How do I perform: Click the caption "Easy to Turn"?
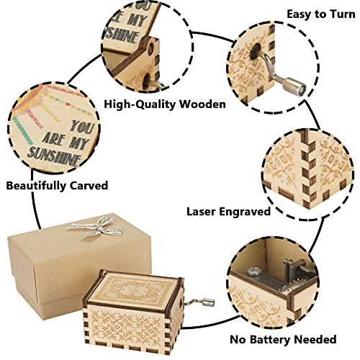point(321,14)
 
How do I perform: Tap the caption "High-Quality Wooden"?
point(165,104)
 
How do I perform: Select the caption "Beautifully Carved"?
point(57,186)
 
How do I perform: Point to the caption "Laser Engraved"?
point(228,212)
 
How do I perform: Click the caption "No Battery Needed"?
point(283,340)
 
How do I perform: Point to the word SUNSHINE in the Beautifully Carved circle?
point(55,156)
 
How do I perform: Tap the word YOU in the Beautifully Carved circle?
point(81,127)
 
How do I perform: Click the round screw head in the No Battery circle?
point(253,271)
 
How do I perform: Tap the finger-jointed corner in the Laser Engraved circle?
point(309,168)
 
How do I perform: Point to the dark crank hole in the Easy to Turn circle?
point(255,51)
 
